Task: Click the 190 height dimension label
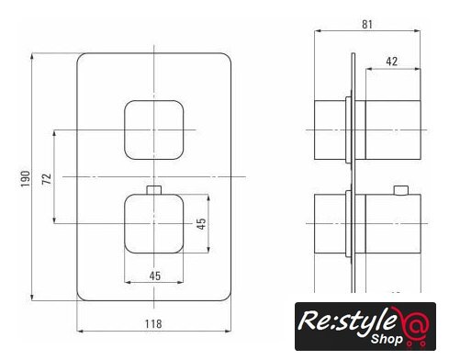25,179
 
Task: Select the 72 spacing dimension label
47,179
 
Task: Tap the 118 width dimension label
153,323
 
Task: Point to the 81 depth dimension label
367,24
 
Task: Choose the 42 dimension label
392,62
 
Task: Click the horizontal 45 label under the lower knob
155,276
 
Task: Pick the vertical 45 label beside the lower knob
201,223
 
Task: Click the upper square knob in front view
153,129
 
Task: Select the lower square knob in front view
153,223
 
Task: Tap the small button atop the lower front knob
154,190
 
